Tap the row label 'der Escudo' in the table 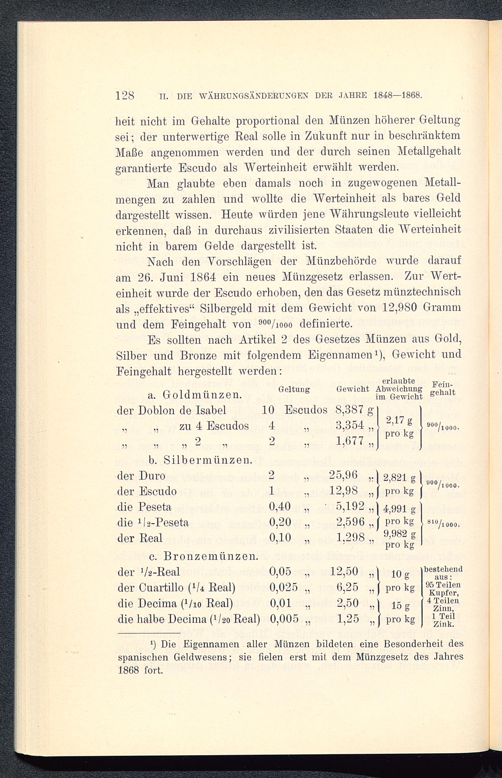146,491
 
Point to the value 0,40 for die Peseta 280,507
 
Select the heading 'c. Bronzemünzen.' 203,555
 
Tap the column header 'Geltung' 294,389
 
